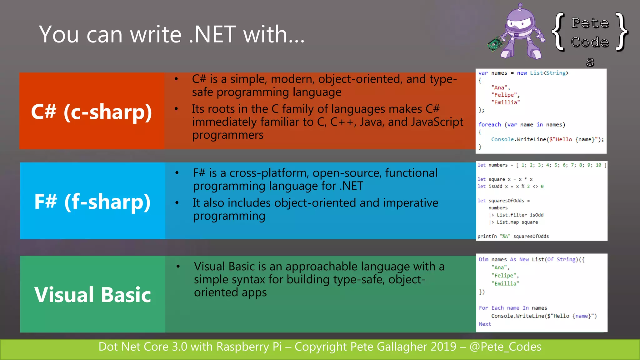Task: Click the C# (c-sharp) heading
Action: click(x=91, y=112)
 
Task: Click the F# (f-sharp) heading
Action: click(x=92, y=201)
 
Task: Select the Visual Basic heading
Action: click(x=92, y=294)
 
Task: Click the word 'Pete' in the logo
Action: click(x=590, y=23)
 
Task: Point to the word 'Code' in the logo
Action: click(x=590, y=42)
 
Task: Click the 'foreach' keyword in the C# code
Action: click(x=489, y=124)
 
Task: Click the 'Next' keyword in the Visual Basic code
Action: click(x=485, y=324)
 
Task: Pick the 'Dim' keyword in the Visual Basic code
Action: click(x=483, y=259)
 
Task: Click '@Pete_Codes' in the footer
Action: click(x=505, y=347)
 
